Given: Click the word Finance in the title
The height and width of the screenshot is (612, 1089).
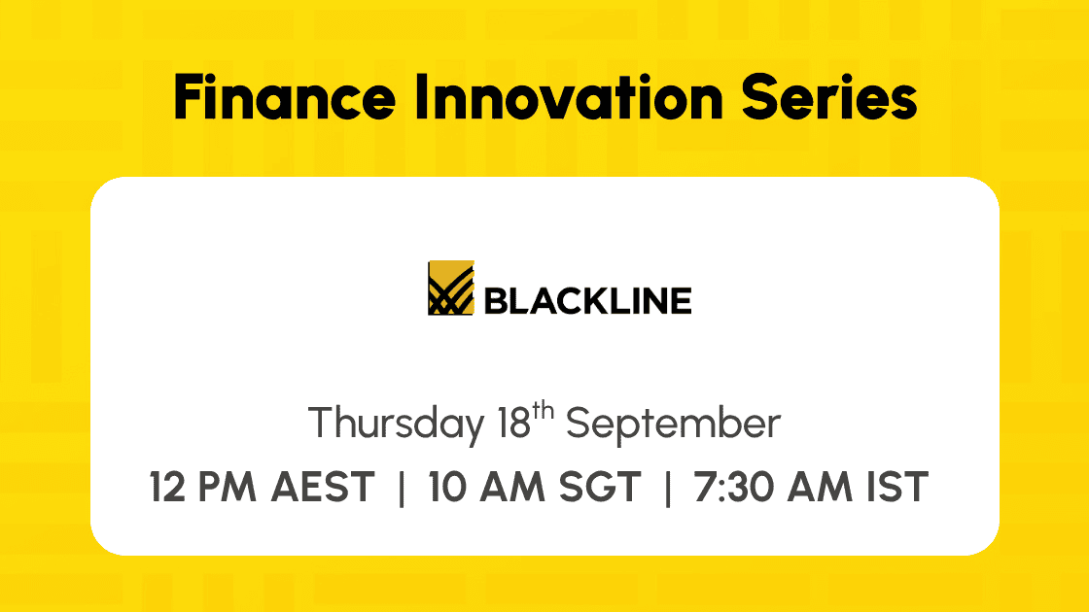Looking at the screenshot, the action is click(x=285, y=98).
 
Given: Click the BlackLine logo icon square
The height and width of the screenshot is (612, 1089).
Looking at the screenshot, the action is click(x=451, y=288).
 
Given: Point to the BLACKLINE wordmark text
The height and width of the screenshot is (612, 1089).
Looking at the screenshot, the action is click(x=587, y=301).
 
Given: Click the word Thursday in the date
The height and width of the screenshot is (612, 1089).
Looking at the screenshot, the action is click(x=397, y=424).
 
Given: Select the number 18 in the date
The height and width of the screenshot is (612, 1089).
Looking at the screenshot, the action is click(x=514, y=424).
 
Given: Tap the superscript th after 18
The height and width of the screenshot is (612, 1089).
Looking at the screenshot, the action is click(x=544, y=412).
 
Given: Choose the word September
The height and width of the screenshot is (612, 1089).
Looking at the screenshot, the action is click(x=674, y=424).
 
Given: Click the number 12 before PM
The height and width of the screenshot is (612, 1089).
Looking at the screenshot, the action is click(x=167, y=487).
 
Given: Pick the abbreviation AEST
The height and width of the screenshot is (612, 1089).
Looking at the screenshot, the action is click(x=323, y=487).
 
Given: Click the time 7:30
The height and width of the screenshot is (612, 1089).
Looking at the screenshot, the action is click(x=732, y=487).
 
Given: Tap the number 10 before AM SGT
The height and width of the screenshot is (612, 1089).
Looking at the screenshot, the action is click(x=448, y=487).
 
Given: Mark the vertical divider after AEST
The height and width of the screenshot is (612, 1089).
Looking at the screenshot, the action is click(x=402, y=488).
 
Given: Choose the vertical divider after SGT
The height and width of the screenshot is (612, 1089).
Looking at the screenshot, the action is click(x=668, y=488).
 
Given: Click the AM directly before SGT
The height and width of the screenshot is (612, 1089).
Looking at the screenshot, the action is click(x=512, y=487).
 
